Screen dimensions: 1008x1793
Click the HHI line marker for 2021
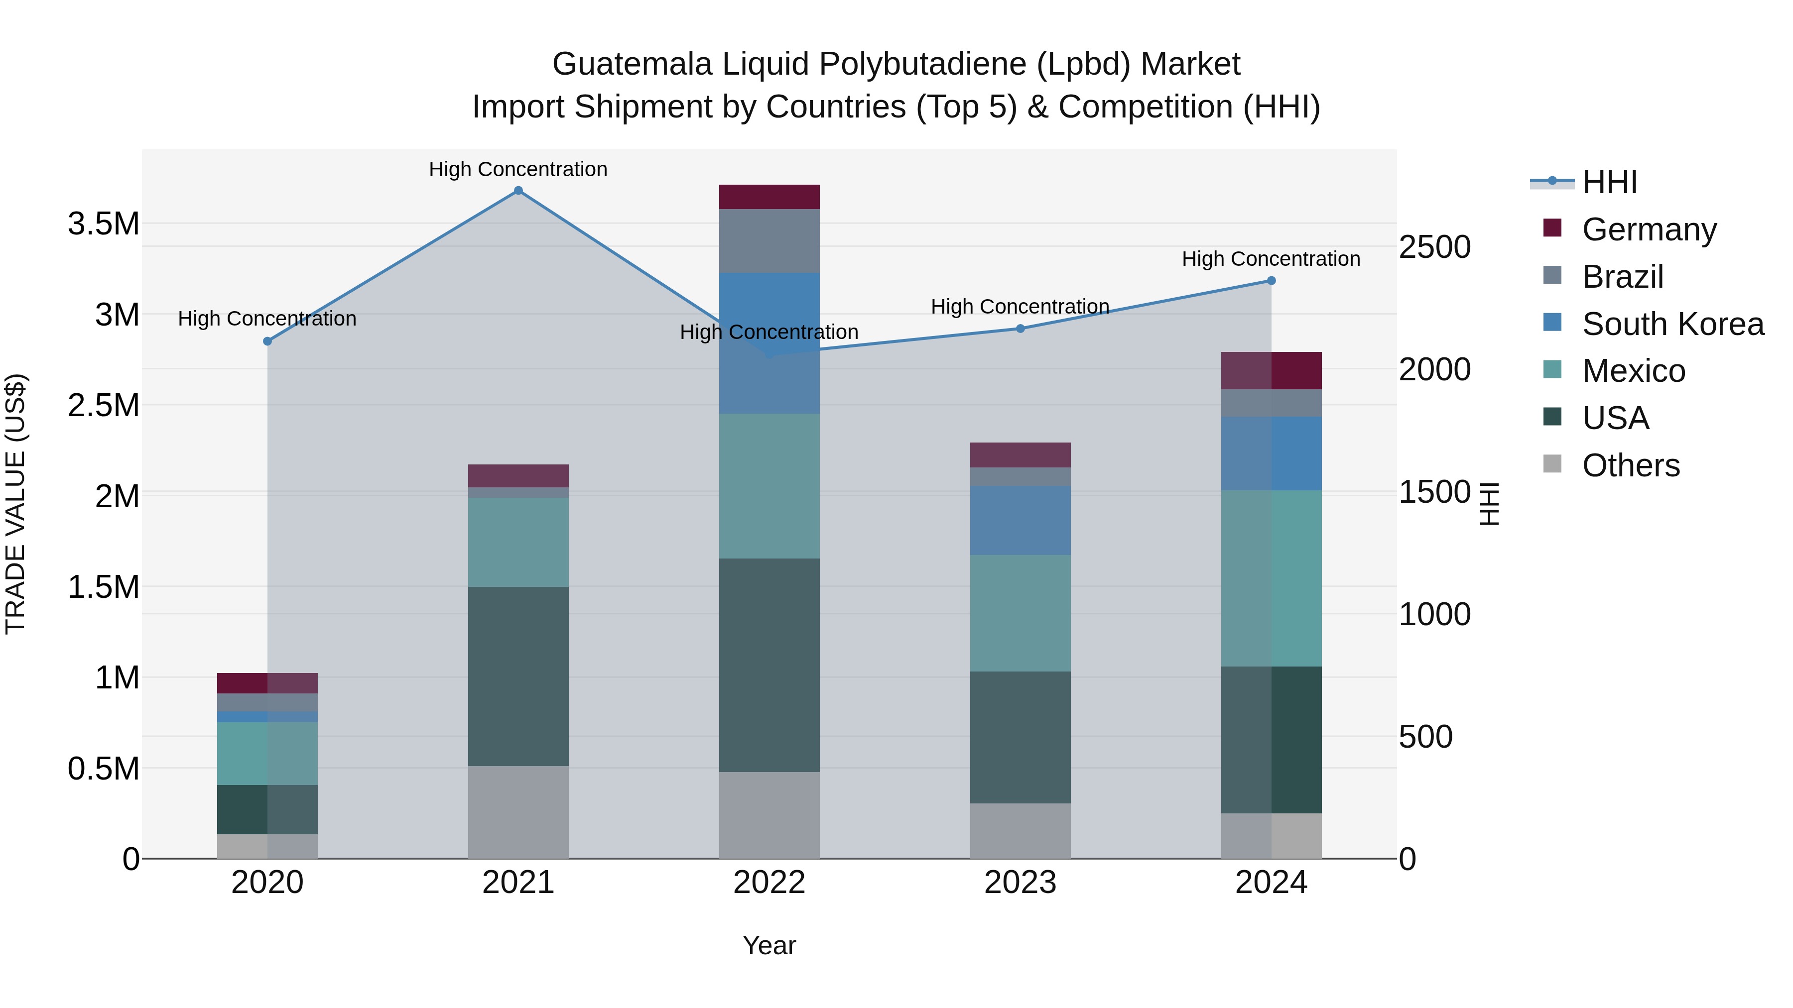pyautogui.click(x=518, y=191)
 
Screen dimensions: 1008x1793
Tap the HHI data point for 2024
pyautogui.click(x=1271, y=280)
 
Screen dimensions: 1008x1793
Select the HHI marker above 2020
pyautogui.click(x=267, y=341)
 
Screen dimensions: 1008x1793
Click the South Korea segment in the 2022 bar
pyautogui.click(x=769, y=343)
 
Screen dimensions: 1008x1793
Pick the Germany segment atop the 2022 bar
pyautogui.click(x=769, y=197)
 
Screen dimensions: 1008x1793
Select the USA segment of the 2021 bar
pyautogui.click(x=518, y=676)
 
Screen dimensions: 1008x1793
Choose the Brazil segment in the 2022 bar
pyautogui.click(x=769, y=241)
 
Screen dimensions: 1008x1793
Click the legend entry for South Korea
pyautogui.click(x=1672, y=324)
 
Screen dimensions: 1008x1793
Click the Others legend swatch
pyautogui.click(x=1552, y=464)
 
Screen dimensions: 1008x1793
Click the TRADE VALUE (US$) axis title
pyautogui.click(x=15, y=504)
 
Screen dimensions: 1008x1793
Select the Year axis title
pyautogui.click(x=769, y=945)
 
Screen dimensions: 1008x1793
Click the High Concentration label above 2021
pyautogui.click(x=518, y=169)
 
